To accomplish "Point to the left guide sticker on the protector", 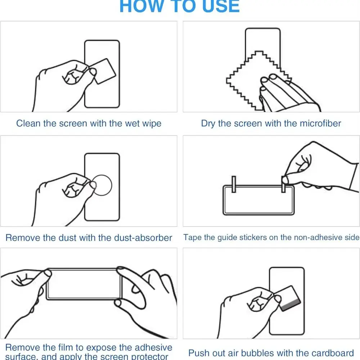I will pyautogui.click(x=234, y=184).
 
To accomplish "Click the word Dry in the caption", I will pyautogui.click(x=208, y=123).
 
